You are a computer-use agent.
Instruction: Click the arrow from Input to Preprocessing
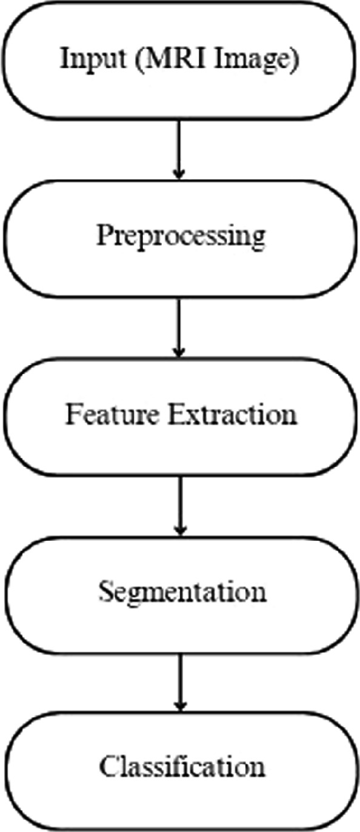pyautogui.click(x=178, y=148)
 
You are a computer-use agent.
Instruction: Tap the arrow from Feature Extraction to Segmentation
pyautogui.click(x=178, y=504)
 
